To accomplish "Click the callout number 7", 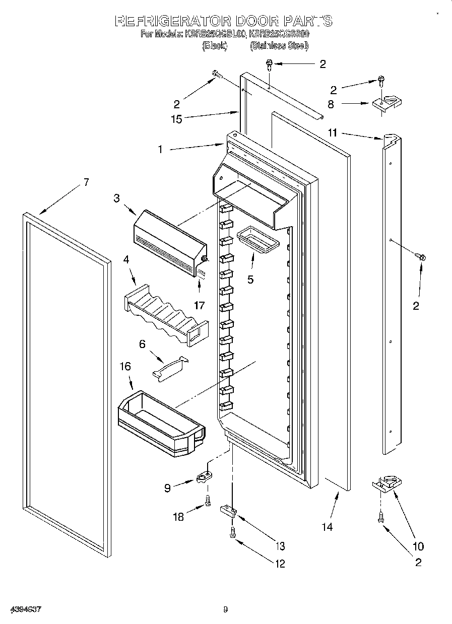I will (x=86, y=182).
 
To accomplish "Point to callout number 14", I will (x=327, y=527).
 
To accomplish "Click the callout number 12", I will (x=279, y=564).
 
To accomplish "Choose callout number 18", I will (x=178, y=517).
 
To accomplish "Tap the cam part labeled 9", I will (x=204, y=476).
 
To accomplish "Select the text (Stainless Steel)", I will (x=279, y=46).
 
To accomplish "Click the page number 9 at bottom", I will (x=226, y=610).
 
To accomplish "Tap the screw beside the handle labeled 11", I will (x=421, y=257).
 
